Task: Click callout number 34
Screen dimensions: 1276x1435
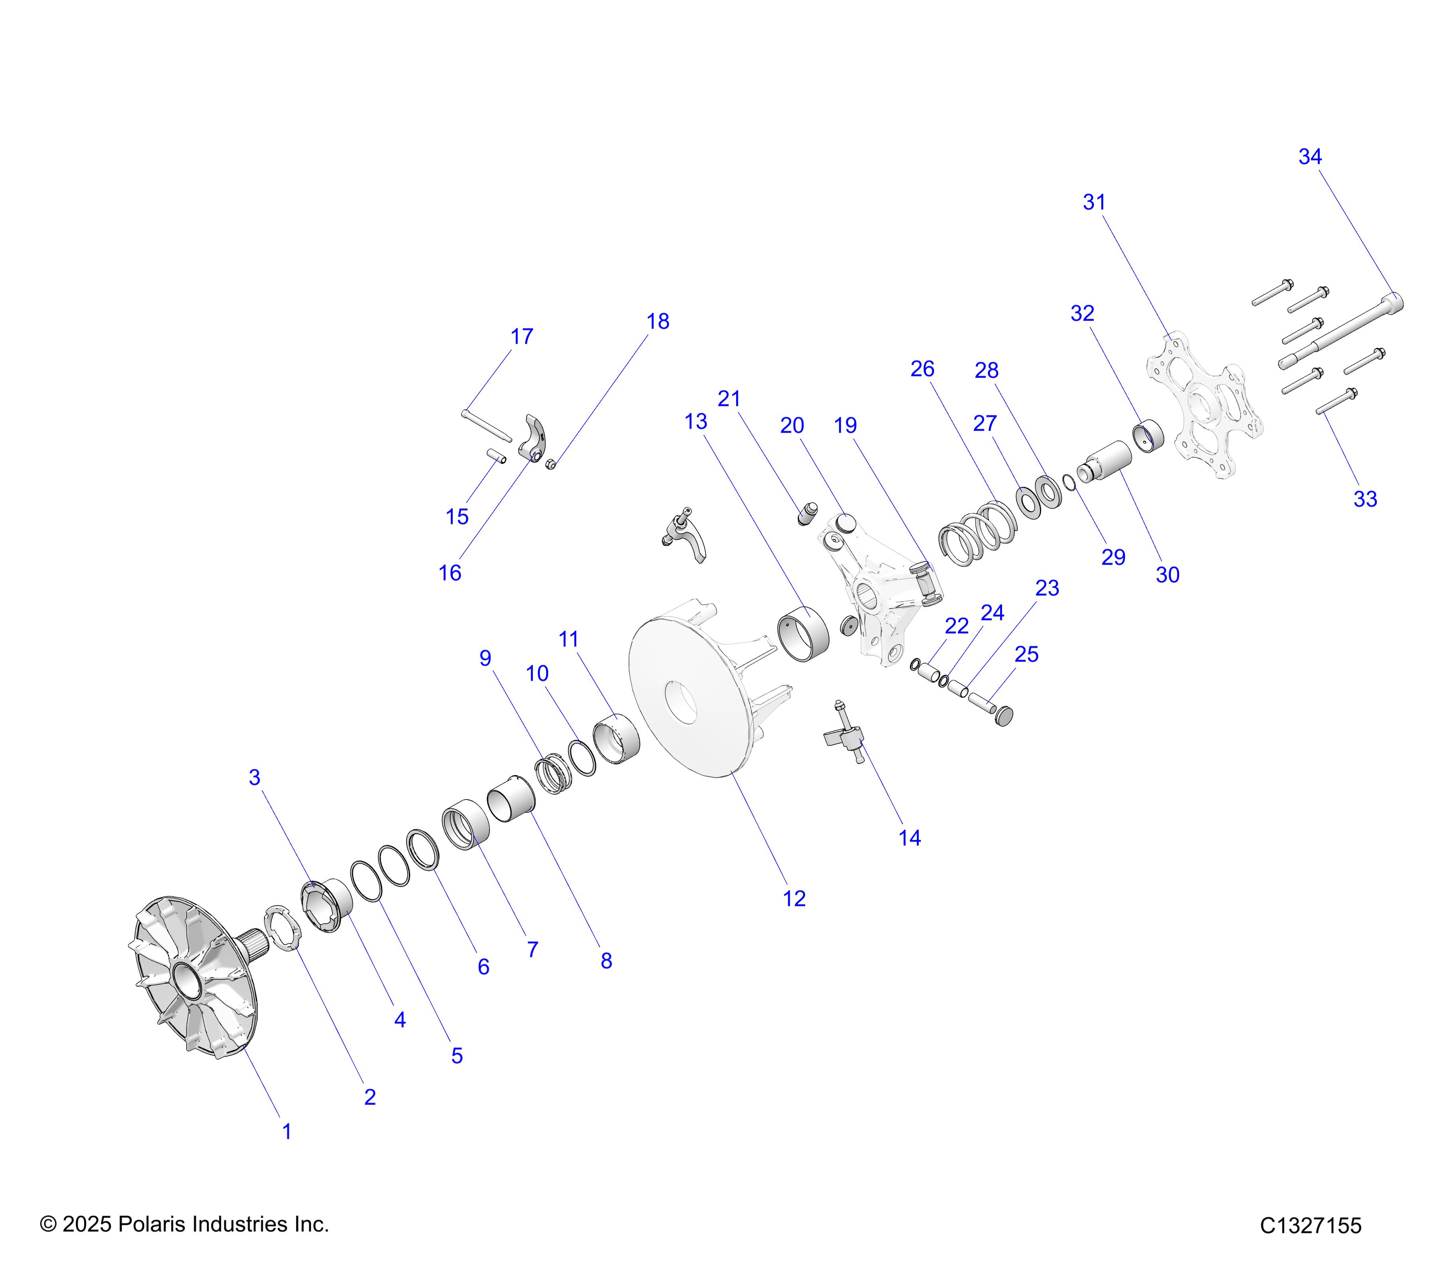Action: pos(1309,157)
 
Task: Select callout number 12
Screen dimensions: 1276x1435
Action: pos(794,898)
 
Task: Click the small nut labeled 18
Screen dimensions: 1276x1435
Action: pos(551,463)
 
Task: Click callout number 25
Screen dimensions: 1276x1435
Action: pos(1026,654)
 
